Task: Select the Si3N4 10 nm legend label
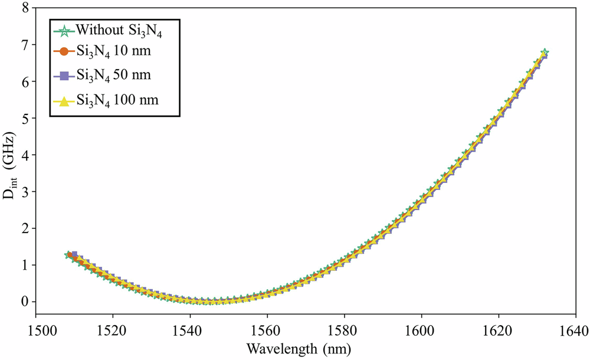tap(113, 51)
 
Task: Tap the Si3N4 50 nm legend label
tap(113, 76)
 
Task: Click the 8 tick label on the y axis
tap(25, 8)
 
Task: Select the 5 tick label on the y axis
tap(25, 118)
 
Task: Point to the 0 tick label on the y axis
tap(25, 302)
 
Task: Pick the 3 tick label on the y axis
tap(25, 192)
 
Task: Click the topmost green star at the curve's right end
tap(545, 53)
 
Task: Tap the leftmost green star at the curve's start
tap(68, 255)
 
